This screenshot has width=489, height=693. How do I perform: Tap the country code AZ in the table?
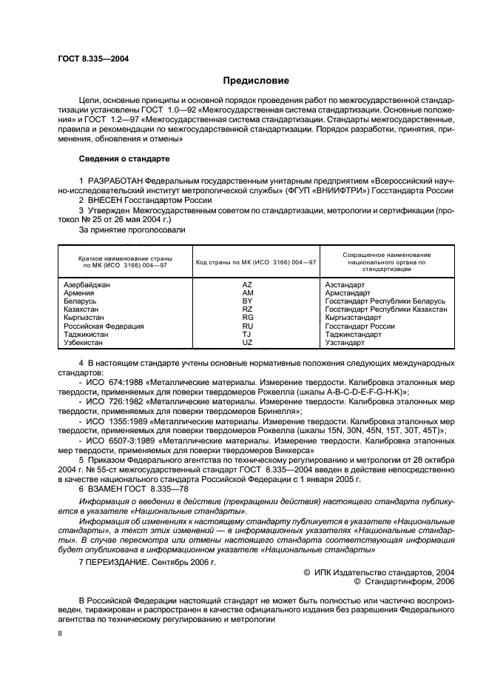tap(247, 284)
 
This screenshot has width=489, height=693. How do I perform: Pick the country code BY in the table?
tap(247, 301)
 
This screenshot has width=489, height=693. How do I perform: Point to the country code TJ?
tap(247, 335)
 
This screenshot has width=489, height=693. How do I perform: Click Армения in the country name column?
tap(80, 293)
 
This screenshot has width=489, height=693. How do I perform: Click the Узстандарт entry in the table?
tap(345, 343)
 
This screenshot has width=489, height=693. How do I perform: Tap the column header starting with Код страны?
tap(256, 262)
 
